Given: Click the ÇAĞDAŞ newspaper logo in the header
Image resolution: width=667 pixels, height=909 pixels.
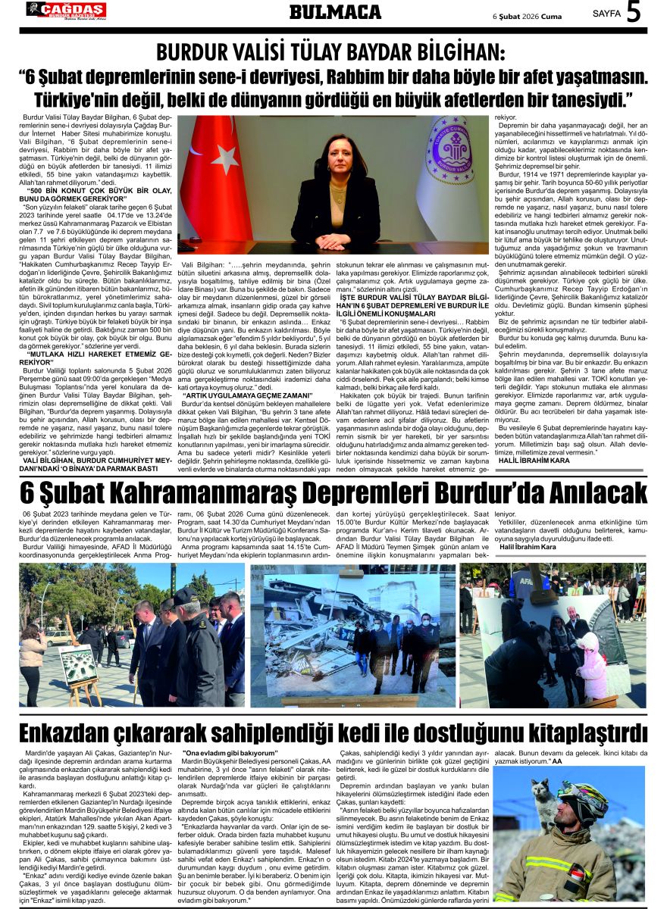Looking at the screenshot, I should pos(66,10).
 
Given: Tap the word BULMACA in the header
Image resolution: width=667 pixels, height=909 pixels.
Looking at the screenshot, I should pos(335,11).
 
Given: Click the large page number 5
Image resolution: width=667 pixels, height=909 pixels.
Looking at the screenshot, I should pos(634,13).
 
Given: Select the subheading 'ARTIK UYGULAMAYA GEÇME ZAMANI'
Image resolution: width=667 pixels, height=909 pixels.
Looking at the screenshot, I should pos(248,395).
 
